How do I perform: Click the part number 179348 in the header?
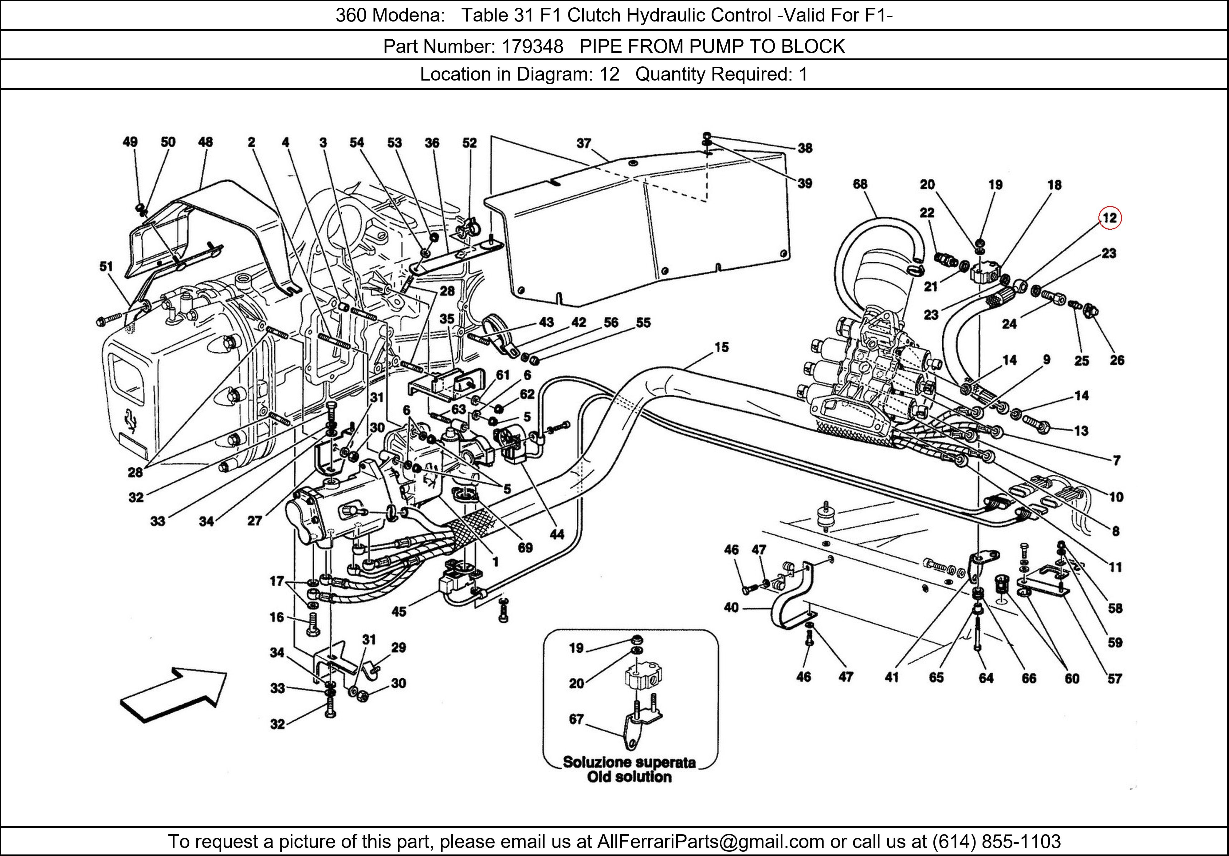(532, 47)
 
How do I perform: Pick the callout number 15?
(721, 347)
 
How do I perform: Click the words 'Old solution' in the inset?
(630, 777)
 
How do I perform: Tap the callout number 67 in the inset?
(576, 719)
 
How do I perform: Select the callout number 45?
(399, 611)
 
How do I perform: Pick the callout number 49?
(130, 142)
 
